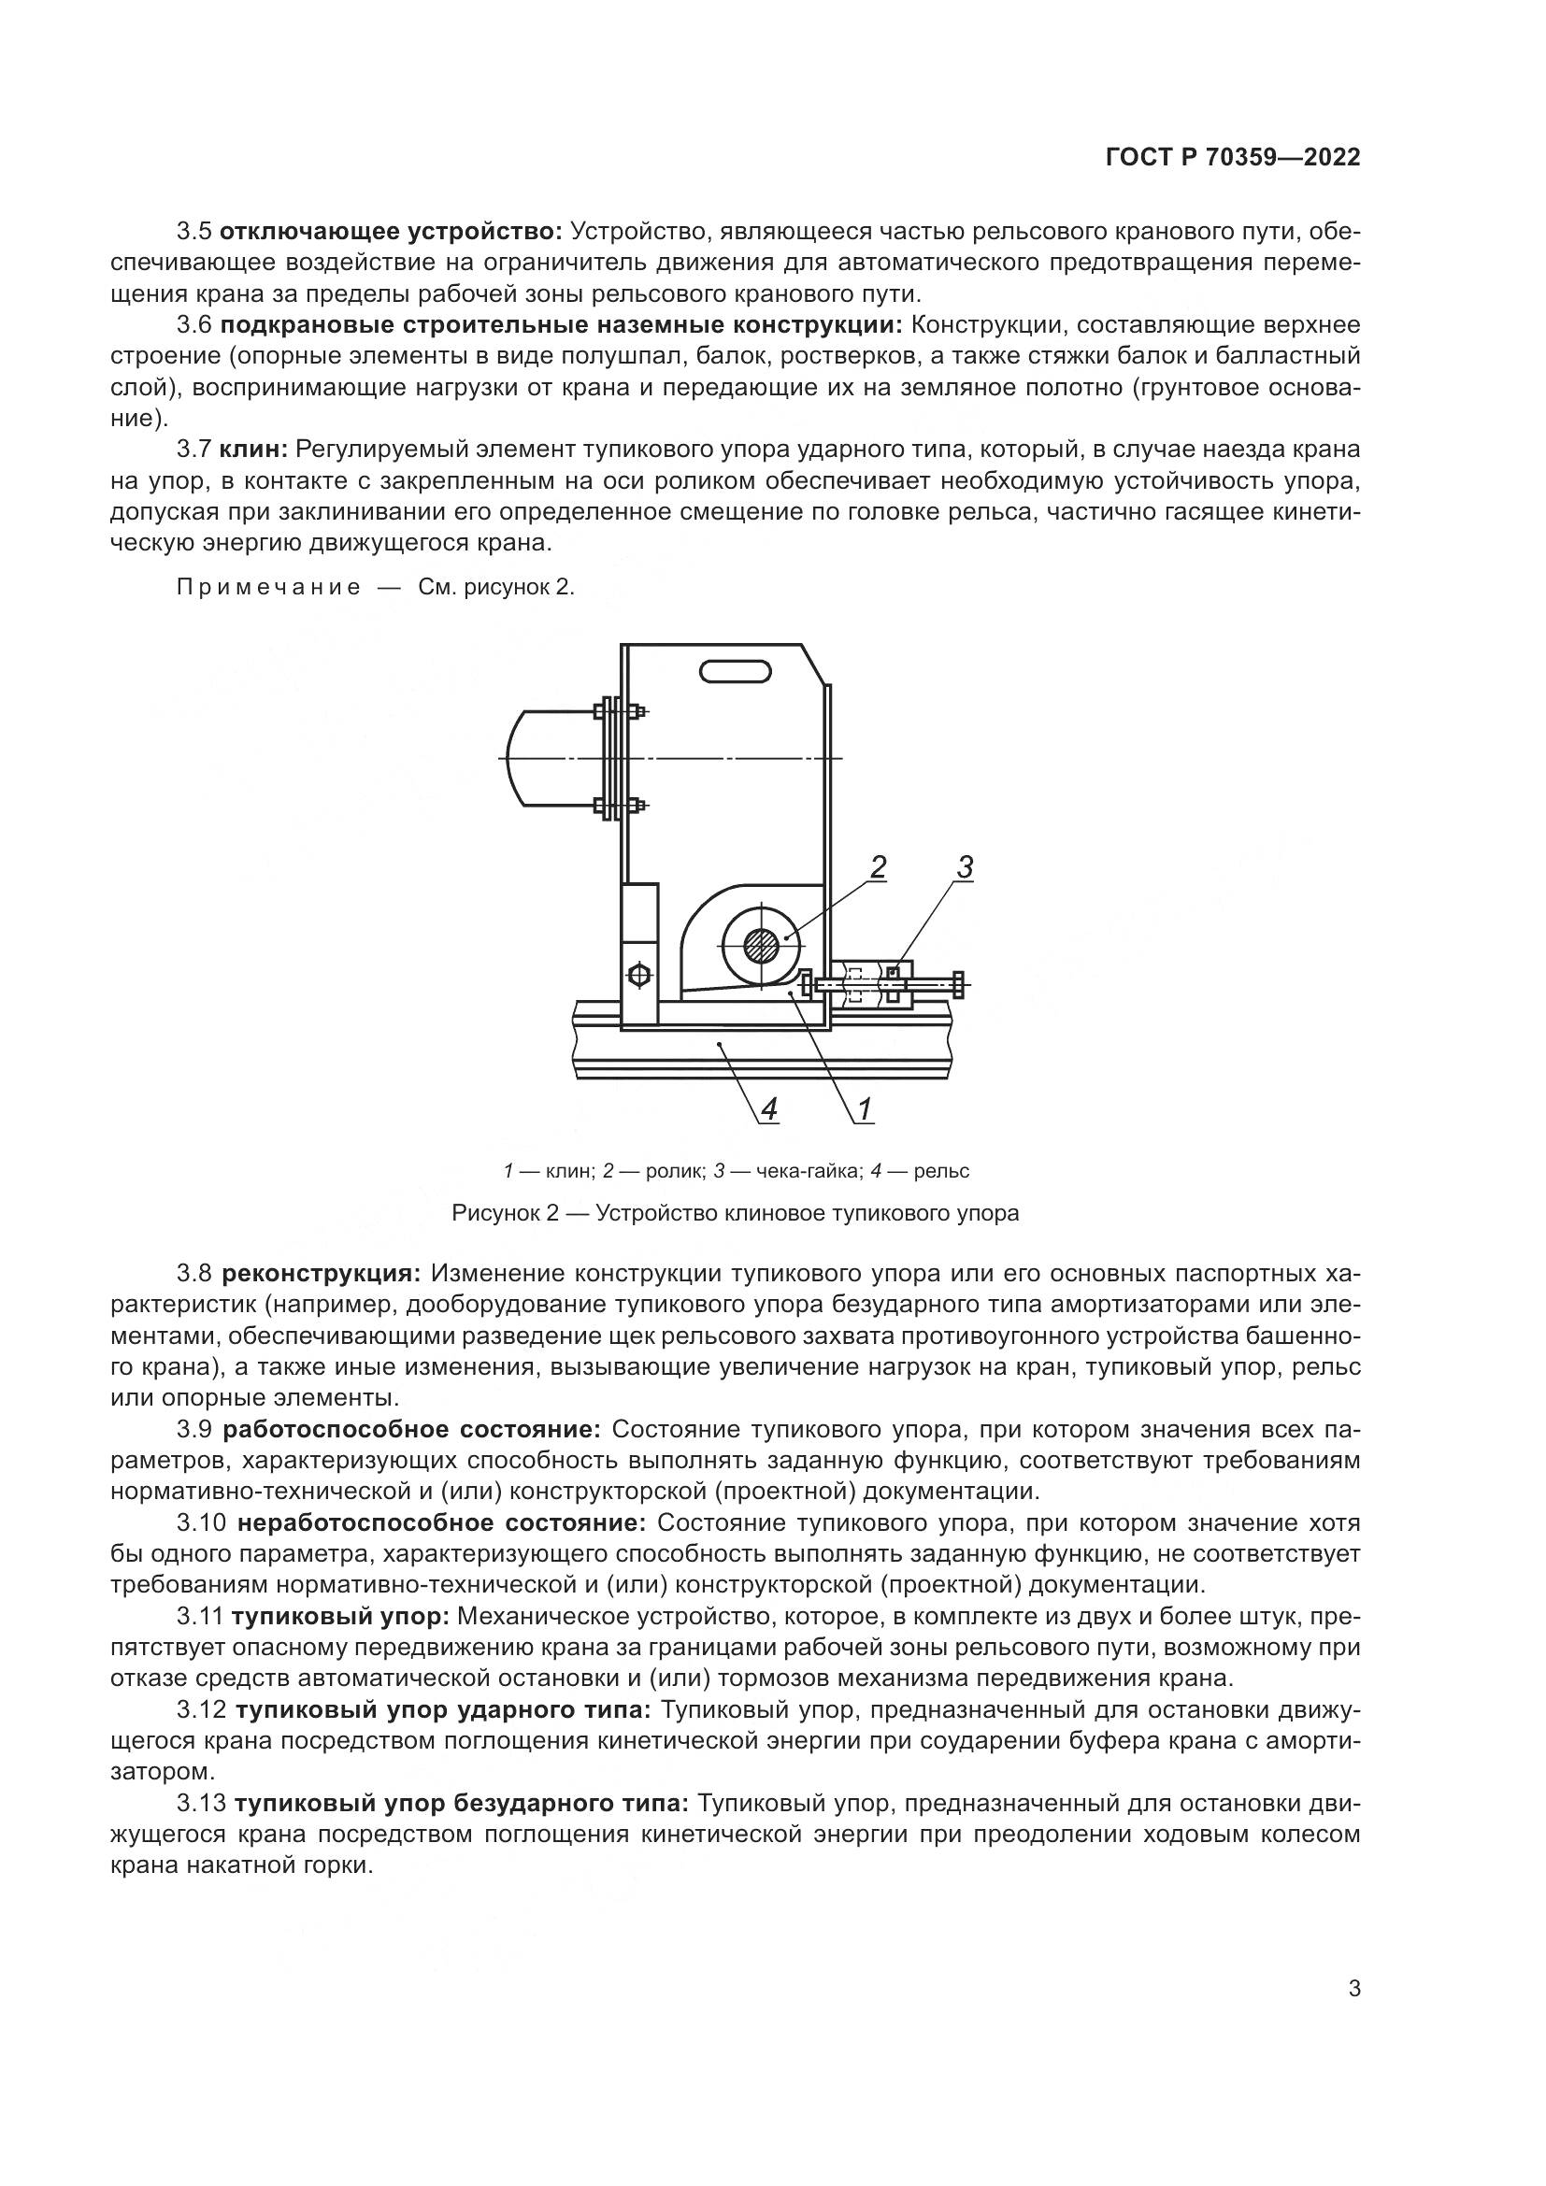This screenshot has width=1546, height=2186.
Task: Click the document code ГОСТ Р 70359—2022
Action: click(x=1232, y=158)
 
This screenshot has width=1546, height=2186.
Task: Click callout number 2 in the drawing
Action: click(x=877, y=866)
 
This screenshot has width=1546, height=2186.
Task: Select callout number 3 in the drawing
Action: click(x=965, y=866)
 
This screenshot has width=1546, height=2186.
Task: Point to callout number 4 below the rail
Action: click(x=769, y=1108)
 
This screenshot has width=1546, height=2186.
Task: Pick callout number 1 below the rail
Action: click(x=865, y=1108)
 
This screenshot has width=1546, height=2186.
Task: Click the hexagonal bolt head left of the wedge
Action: click(x=638, y=976)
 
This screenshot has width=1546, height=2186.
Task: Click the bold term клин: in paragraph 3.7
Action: click(x=253, y=450)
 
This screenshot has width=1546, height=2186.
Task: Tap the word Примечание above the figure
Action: click(x=268, y=588)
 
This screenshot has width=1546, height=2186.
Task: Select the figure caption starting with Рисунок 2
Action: click(x=735, y=1213)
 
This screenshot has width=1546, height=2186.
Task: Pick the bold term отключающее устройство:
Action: click(x=392, y=232)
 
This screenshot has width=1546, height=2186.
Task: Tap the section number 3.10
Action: click(x=201, y=1523)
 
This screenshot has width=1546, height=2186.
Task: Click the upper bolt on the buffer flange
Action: click(x=620, y=710)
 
